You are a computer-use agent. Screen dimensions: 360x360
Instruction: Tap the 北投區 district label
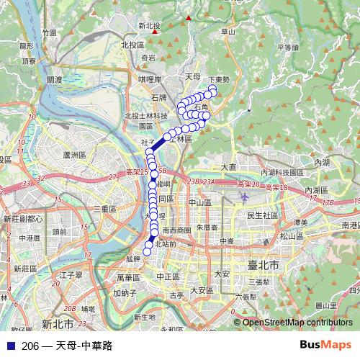(x=133, y=45)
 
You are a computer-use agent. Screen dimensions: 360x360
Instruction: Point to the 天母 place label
(x=192, y=76)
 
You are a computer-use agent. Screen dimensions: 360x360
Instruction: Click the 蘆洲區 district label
(x=74, y=155)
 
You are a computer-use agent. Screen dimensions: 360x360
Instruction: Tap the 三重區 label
(x=104, y=209)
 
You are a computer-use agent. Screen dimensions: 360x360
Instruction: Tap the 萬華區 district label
(x=127, y=277)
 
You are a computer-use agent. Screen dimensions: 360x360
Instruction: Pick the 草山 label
(x=228, y=32)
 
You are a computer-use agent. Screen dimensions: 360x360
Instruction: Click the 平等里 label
(x=287, y=48)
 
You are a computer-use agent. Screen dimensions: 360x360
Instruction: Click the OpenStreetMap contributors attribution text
(x=297, y=323)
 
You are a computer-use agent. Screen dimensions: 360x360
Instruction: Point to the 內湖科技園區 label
(x=284, y=173)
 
